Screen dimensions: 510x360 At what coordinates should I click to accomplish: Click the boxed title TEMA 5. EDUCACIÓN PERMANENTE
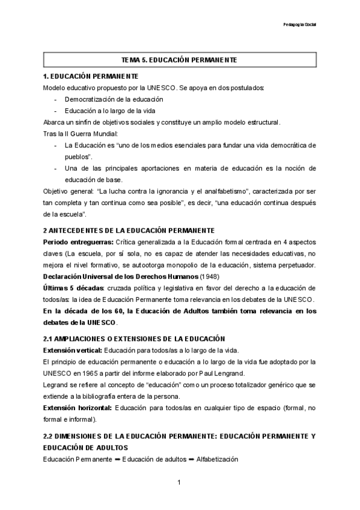click(x=179, y=60)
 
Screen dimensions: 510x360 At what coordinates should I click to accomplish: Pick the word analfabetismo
click(x=245, y=191)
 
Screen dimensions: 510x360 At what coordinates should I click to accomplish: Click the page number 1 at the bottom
click(x=179, y=482)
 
